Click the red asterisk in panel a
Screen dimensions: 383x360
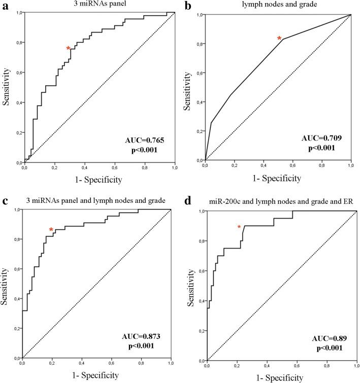[x=68, y=49]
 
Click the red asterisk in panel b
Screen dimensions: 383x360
[x=279, y=39]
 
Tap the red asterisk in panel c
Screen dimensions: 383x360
[x=51, y=230]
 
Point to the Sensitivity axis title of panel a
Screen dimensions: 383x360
[x=8, y=87]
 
